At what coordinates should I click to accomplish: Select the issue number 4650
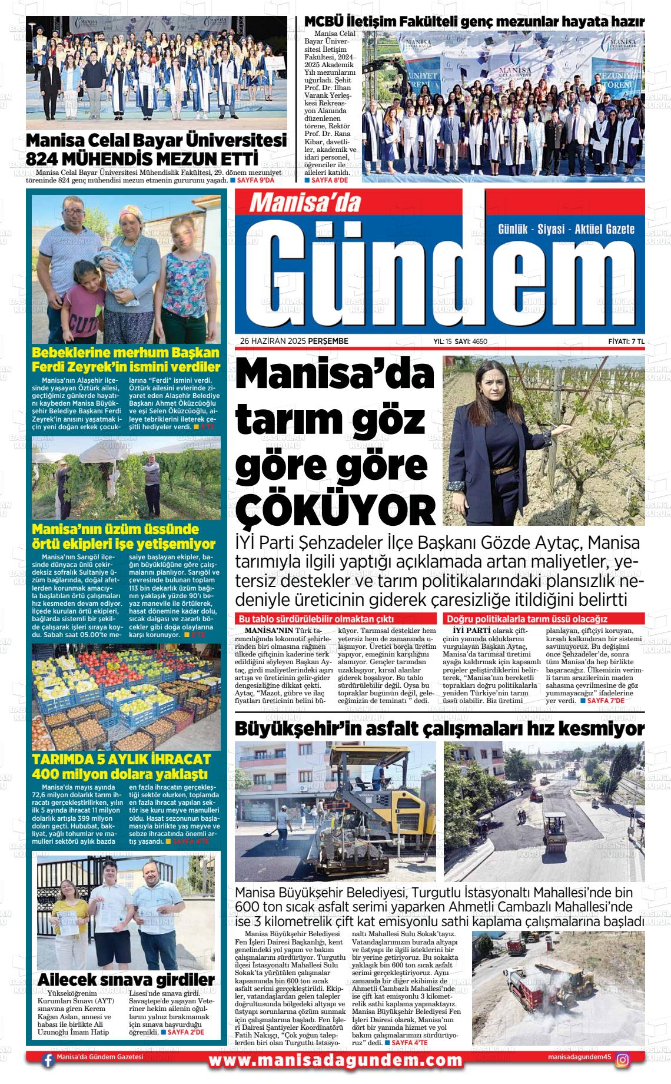[x=480, y=341]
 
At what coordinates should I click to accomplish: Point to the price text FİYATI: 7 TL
[x=626, y=341]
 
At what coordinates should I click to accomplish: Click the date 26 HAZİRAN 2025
[x=277, y=341]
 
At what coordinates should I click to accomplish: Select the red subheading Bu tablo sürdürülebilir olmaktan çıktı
[x=315, y=619]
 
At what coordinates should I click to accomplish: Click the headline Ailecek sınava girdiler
[x=125, y=979]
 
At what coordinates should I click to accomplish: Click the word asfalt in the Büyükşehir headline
[x=393, y=728]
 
